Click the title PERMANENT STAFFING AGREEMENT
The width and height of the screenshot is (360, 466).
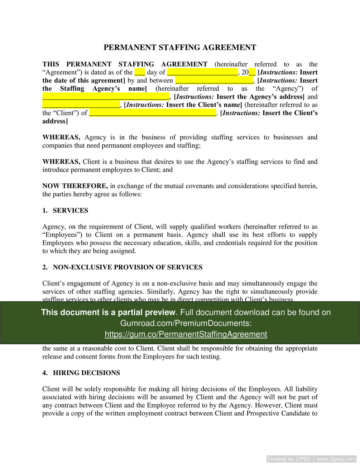pyautogui.click(x=180, y=47)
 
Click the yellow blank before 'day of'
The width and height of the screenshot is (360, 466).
pyautogui.click(x=140, y=72)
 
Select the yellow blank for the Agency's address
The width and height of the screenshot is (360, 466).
pyautogui.click(x=106, y=97)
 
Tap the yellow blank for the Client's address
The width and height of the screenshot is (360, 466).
pyautogui.click(x=153, y=113)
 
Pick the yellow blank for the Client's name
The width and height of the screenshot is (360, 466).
pyautogui.click(x=81, y=105)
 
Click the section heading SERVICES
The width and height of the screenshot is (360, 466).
pyautogui.click(x=70, y=211)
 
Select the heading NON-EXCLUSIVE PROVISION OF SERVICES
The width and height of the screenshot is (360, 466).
pyautogui.click(x=128, y=267)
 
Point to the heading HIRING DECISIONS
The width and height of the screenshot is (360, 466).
pyautogui.click(x=86, y=373)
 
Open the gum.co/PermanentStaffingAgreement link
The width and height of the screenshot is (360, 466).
pyautogui.click(x=186, y=334)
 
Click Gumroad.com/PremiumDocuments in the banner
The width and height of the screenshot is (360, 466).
pyautogui.click(x=186, y=323)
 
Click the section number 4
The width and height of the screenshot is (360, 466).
pyautogui.click(x=45, y=373)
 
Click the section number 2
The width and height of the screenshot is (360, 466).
pyautogui.click(x=45, y=267)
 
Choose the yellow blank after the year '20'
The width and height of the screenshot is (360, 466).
pyautogui.click(x=252, y=72)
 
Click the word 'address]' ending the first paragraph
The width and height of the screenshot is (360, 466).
pyautogui.click(x=55, y=121)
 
